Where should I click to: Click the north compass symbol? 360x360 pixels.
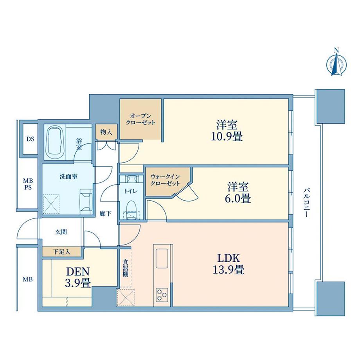[335, 63]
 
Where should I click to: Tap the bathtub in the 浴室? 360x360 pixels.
[55, 142]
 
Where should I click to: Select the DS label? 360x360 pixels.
[30, 139]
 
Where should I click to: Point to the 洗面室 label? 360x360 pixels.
[68, 176]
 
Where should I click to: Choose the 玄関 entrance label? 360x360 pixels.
[61, 232]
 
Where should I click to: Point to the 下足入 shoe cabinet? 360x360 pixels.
[61, 252]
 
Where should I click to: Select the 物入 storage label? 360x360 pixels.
[106, 132]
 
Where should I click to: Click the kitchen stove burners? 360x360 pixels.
[161, 294]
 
